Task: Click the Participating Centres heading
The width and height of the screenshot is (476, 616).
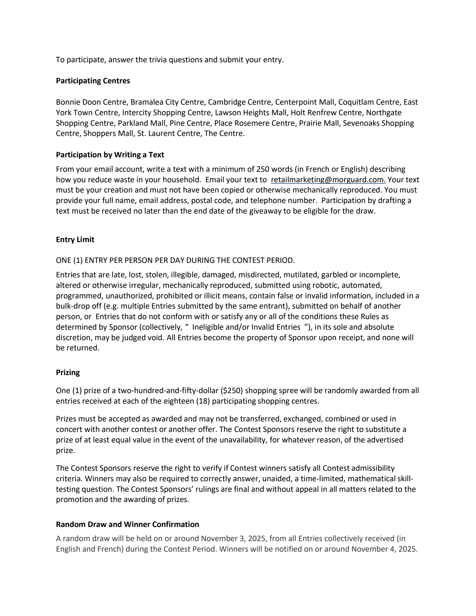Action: [x=93, y=81]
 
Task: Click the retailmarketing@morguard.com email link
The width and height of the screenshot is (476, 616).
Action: [x=328, y=180]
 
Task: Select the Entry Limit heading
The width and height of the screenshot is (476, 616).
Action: [x=75, y=240]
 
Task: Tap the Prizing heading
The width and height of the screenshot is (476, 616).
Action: [x=68, y=373]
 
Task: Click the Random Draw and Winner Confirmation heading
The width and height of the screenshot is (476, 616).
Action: [x=127, y=525]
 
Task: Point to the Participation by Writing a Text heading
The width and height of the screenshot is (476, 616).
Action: [x=110, y=155]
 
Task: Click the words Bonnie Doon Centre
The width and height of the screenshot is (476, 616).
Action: [x=91, y=102]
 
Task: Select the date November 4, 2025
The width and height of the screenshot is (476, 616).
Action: [x=384, y=549]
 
